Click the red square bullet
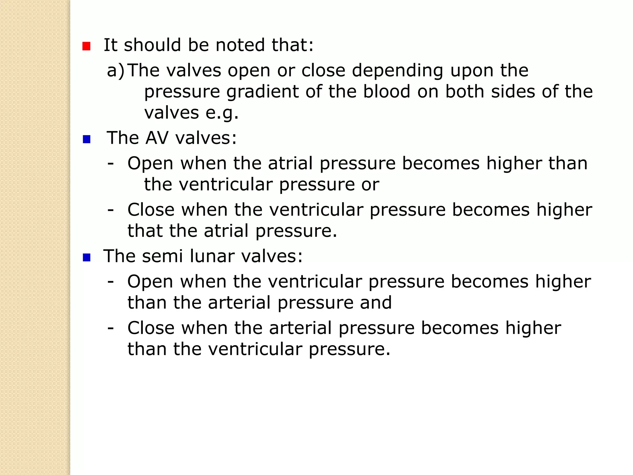(x=86, y=46)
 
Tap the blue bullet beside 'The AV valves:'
(x=87, y=139)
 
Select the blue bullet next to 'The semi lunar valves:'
(x=87, y=258)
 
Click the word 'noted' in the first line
(x=240, y=45)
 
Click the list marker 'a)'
(x=116, y=71)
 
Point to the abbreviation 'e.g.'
(x=222, y=113)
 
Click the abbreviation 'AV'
(x=157, y=138)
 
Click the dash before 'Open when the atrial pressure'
(x=110, y=164)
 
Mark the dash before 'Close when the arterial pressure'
(x=110, y=328)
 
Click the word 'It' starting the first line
(x=110, y=45)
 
